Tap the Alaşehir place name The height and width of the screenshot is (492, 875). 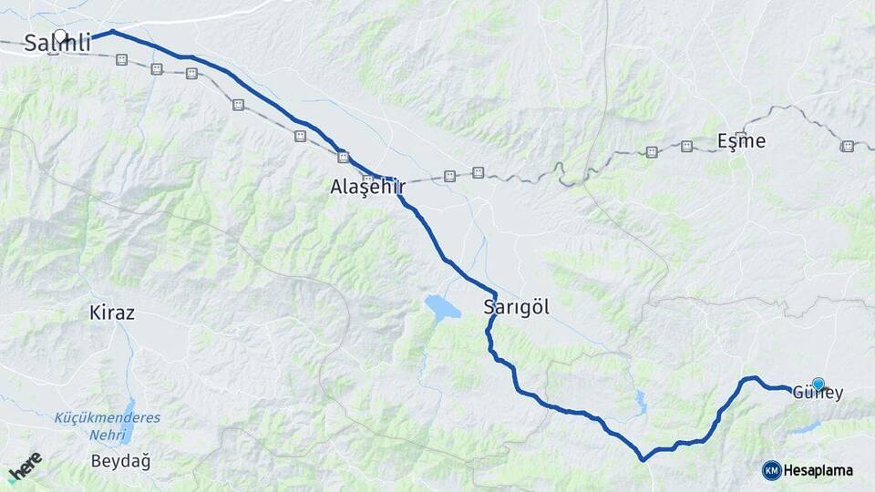[367, 188]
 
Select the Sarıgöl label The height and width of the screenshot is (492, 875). [517, 307]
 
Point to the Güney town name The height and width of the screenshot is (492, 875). [818, 394]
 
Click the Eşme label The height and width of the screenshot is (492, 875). [741, 141]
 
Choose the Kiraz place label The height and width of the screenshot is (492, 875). [112, 313]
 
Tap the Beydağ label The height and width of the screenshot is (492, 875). [120, 461]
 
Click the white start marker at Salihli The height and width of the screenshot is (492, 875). [60, 37]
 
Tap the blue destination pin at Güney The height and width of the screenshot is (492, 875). [818, 384]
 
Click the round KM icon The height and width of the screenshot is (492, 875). [771, 470]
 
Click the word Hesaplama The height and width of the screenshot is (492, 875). [818, 470]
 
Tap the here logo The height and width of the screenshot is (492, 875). [26, 468]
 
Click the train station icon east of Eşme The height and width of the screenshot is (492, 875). [848, 146]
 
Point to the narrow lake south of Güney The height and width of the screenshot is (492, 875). [807, 426]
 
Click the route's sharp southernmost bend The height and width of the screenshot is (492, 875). [643, 458]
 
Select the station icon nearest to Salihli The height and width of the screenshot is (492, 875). [121, 59]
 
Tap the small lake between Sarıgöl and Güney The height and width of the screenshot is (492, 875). [641, 398]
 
